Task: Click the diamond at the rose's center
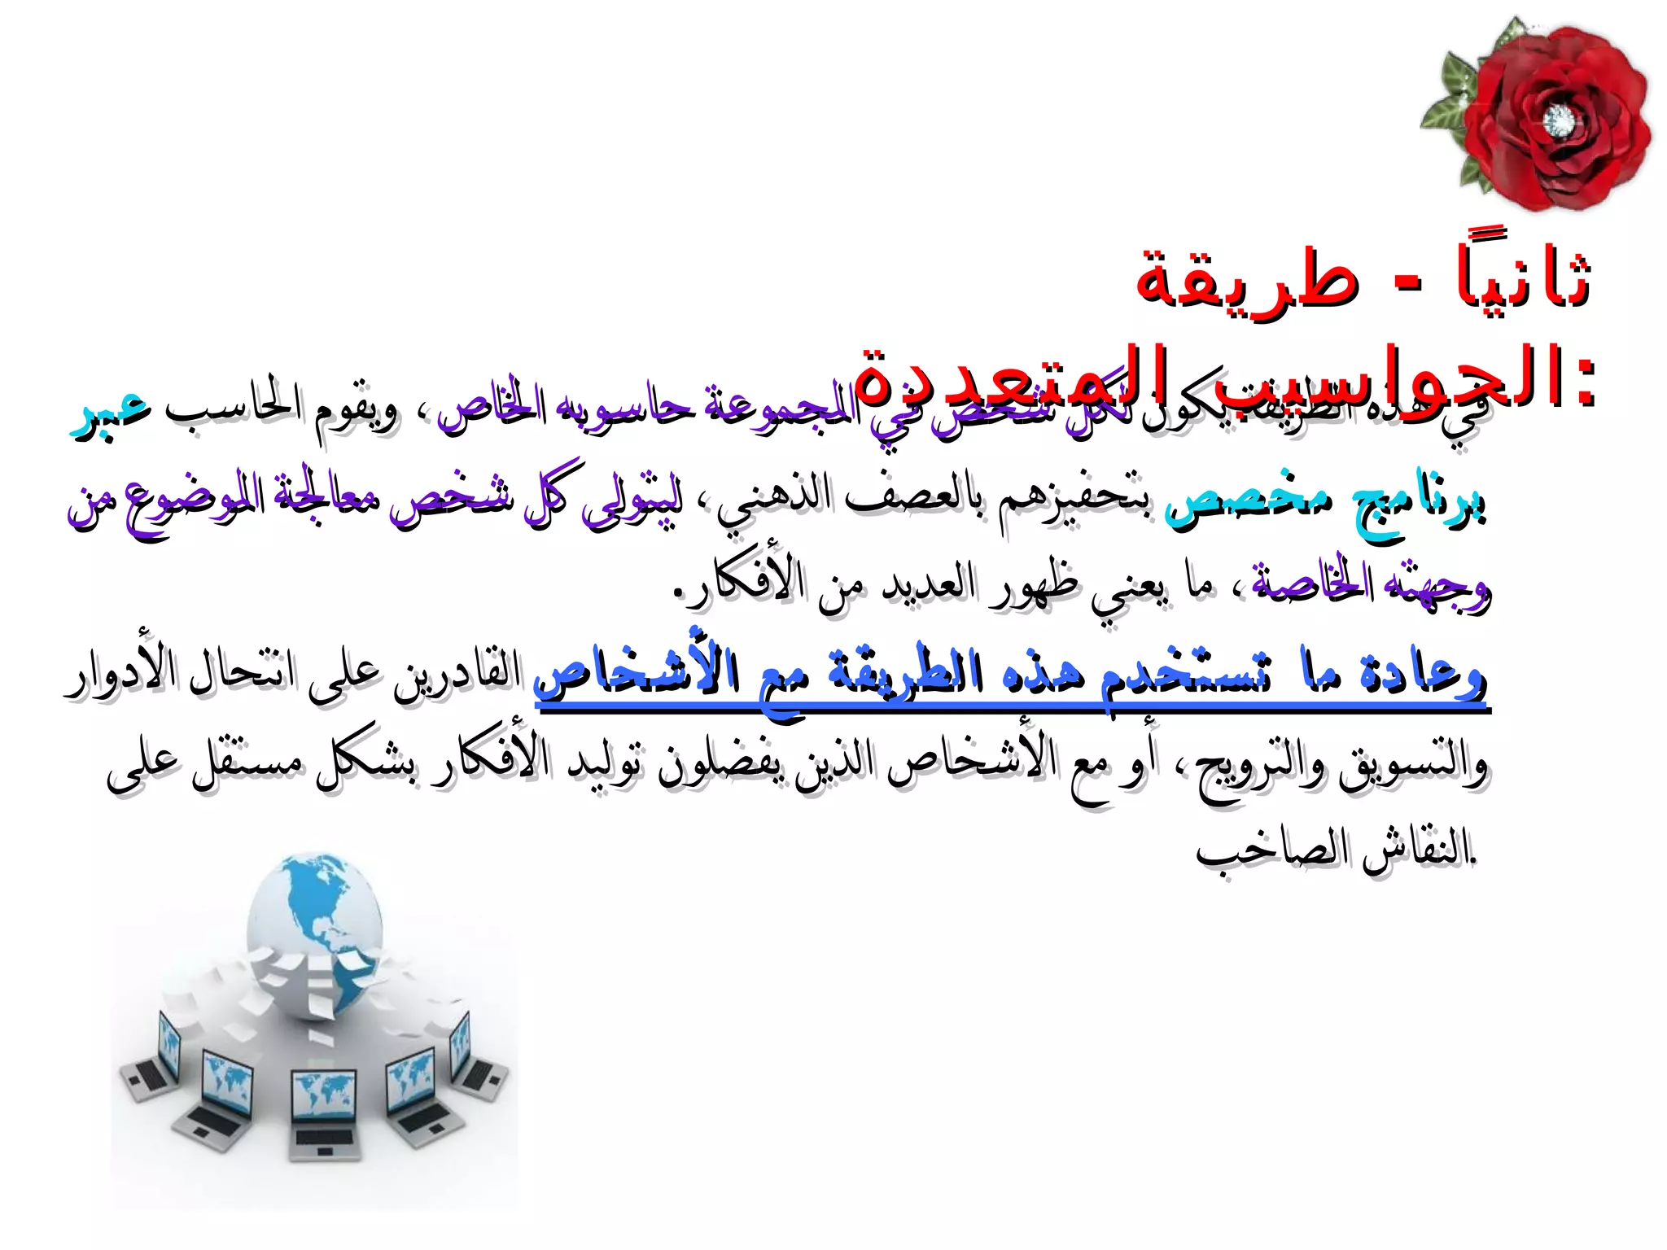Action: [1559, 122]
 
